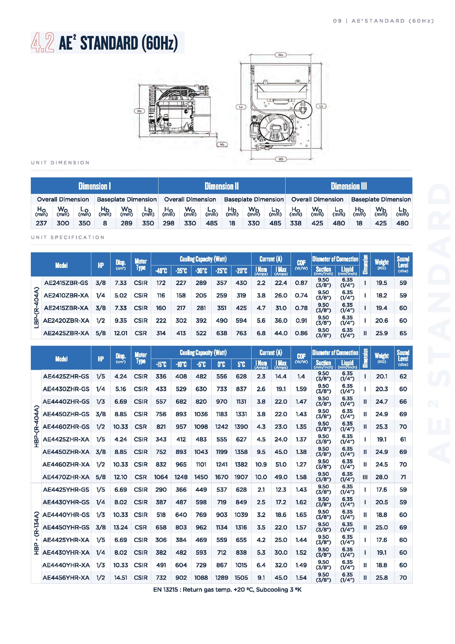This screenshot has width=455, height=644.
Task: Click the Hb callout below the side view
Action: coord(222,145)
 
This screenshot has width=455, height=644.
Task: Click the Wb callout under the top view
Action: coord(281,159)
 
